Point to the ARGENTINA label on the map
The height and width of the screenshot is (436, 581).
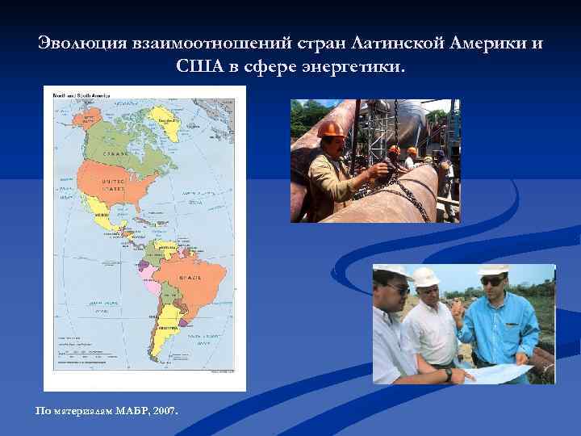[169, 329]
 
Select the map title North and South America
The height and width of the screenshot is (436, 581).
[81, 95]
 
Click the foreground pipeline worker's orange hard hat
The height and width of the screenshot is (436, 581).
[330, 128]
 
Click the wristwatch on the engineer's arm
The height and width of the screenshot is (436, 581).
[448, 374]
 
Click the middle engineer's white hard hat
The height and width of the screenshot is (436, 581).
[426, 276]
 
